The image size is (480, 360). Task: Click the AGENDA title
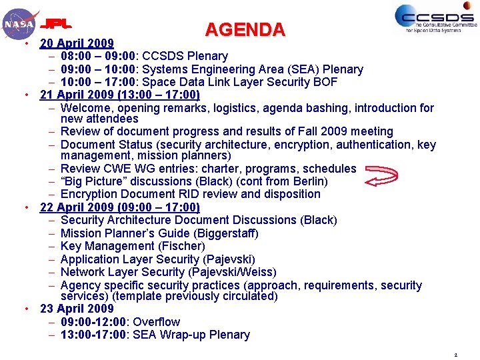pyautogui.click(x=245, y=30)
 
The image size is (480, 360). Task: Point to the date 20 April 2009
pyautogui.click(x=77, y=44)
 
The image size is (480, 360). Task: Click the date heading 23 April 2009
pyautogui.click(x=77, y=309)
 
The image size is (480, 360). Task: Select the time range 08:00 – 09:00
pyautogui.click(x=97, y=57)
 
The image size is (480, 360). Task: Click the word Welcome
pyautogui.click(x=85, y=108)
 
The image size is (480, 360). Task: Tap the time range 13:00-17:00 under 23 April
pyautogui.click(x=93, y=335)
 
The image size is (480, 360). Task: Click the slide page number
pyautogui.click(x=455, y=355)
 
